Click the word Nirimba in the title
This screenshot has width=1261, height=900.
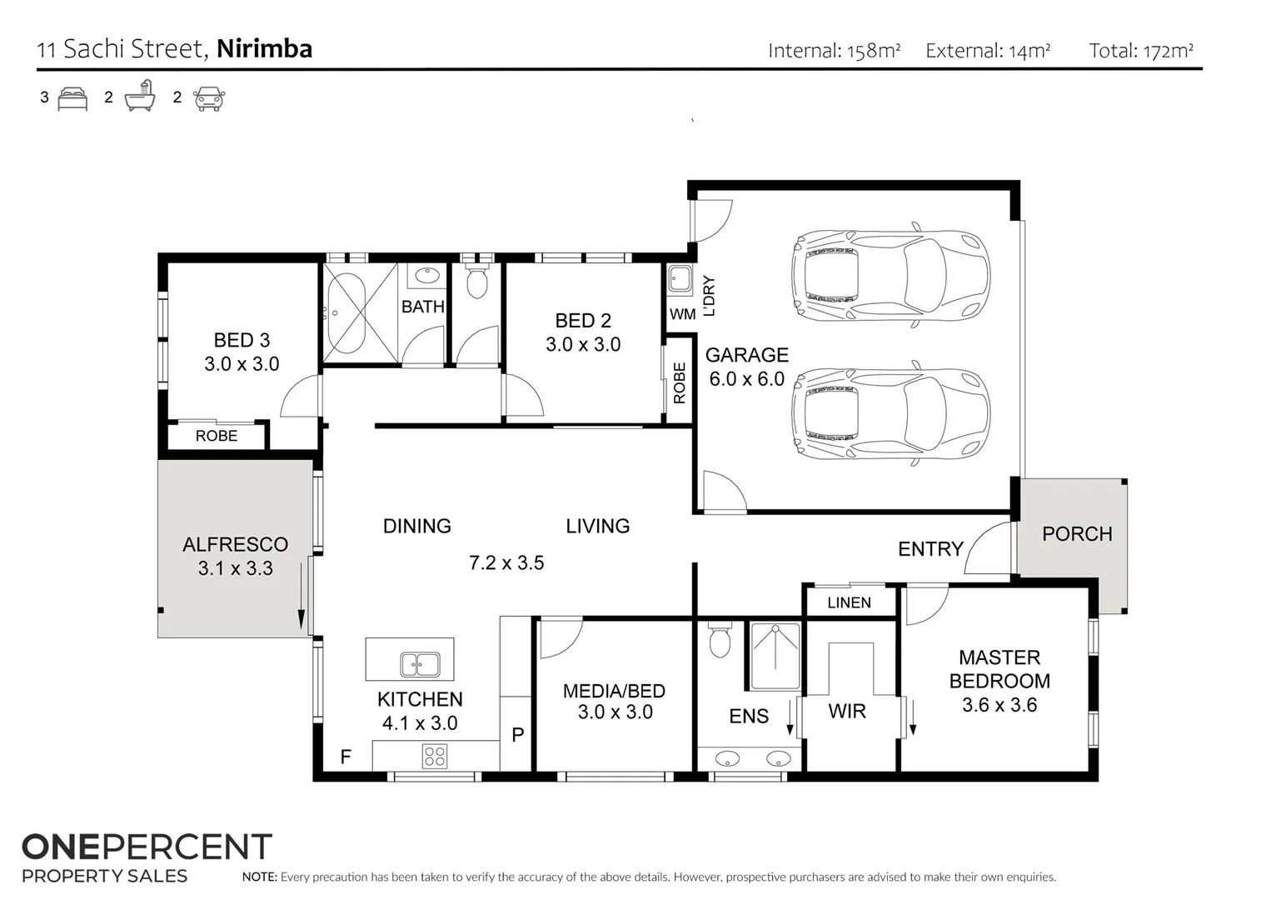(264, 48)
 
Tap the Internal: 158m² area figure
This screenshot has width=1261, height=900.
(834, 51)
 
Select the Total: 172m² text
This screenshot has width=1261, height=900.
(1141, 51)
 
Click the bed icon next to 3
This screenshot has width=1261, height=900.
(73, 98)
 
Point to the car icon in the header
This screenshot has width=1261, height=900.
(208, 98)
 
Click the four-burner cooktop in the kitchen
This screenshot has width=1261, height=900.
(435, 756)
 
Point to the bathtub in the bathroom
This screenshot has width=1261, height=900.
(346, 312)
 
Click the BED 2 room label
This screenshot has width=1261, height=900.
(583, 321)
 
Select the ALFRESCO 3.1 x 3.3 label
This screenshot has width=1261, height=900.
(235, 556)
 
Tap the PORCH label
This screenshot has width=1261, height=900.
(1076, 534)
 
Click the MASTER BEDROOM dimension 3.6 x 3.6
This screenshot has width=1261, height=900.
(999, 705)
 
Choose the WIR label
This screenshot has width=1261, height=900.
(846, 712)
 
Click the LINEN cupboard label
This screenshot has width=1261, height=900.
(849, 602)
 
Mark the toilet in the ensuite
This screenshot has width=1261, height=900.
(719, 641)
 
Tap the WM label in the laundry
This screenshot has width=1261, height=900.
(682, 315)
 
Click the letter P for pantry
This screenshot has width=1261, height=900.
(517, 735)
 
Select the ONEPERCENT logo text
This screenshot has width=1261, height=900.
(147, 847)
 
